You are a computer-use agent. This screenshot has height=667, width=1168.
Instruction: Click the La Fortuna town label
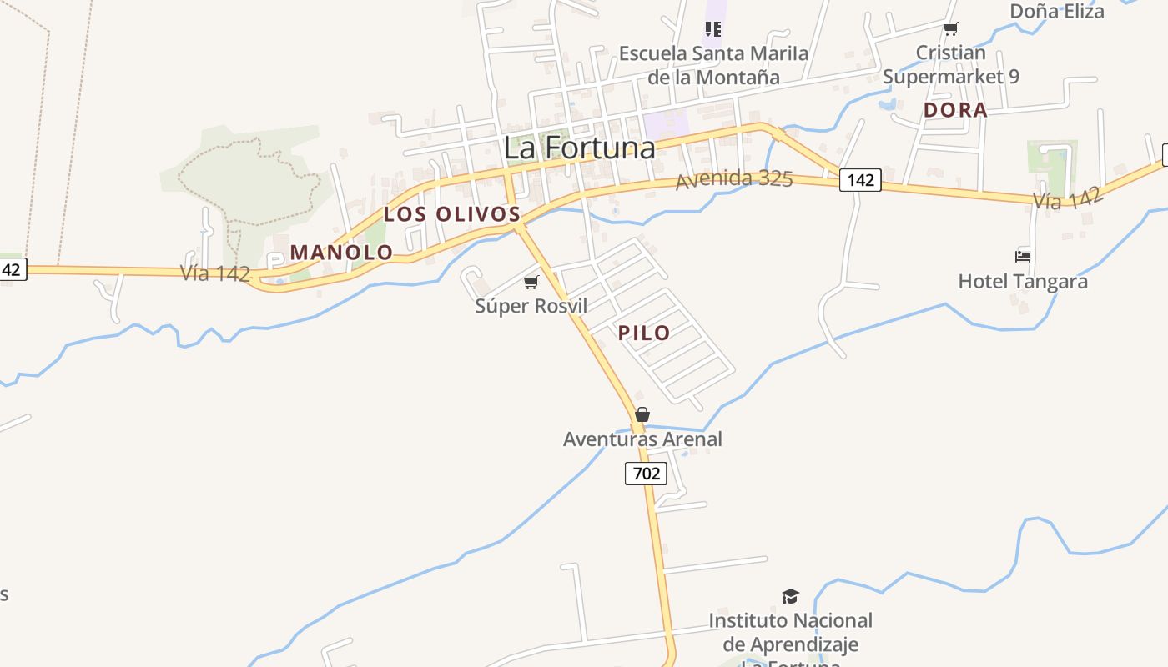pos(579,148)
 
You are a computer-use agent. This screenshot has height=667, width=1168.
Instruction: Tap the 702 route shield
pos(646,474)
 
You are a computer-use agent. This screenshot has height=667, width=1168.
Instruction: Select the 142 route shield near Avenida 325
pos(860,179)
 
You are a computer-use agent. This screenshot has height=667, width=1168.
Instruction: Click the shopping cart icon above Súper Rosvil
pos(531,283)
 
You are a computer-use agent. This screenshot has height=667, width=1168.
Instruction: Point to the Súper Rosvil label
pos(531,306)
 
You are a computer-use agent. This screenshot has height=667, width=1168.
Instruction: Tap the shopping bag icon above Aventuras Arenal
pos(642,414)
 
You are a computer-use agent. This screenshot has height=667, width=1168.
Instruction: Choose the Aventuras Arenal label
pos(642,439)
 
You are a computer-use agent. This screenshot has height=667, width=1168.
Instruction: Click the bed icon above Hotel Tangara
pos(1023,257)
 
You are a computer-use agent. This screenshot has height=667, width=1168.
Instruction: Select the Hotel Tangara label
pos(1023,281)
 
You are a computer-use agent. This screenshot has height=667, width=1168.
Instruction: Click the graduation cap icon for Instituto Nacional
pos(790,596)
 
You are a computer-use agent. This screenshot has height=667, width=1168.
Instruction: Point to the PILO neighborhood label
pos(644,333)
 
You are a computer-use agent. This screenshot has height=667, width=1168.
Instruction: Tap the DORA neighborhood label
pos(955,110)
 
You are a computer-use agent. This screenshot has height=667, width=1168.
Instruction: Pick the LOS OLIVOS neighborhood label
pos(452,214)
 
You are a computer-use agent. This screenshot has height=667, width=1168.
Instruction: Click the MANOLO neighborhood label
pos(341,252)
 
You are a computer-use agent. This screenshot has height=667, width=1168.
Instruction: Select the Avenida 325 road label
pos(734,179)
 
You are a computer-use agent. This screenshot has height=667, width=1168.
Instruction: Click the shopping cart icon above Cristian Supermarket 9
pos(950,29)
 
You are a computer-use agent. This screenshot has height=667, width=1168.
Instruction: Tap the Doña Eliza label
pos(1057,11)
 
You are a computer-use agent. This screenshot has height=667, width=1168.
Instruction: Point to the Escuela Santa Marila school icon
pos(712,29)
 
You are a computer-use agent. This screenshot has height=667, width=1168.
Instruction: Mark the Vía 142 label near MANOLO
pos(215,273)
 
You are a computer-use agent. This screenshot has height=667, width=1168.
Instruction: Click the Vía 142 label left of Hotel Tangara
pos(1069,198)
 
